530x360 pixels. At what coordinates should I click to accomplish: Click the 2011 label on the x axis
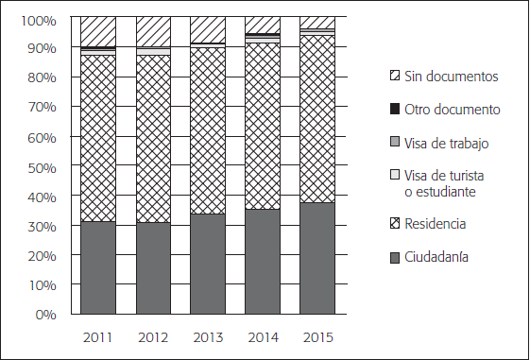point(97,336)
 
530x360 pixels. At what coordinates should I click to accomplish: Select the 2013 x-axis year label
point(208,336)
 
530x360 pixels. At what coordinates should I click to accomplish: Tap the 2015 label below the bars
point(317,336)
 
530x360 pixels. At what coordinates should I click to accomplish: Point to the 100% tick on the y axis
point(40,19)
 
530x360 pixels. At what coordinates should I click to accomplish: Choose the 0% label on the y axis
point(46,314)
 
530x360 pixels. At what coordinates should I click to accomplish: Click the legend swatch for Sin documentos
point(394,76)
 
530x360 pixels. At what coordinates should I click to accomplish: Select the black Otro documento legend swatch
point(394,110)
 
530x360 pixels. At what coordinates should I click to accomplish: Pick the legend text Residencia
point(436,223)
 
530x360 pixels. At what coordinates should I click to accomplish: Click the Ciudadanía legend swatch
point(394,256)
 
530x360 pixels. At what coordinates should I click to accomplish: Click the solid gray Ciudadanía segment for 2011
point(97,267)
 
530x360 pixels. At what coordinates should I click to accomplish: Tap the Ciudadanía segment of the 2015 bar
point(317,258)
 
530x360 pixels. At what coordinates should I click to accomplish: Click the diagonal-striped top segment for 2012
point(152,31)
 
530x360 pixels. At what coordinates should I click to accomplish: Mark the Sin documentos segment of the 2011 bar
point(97,31)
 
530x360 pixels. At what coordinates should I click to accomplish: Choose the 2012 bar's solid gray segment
point(152,267)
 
